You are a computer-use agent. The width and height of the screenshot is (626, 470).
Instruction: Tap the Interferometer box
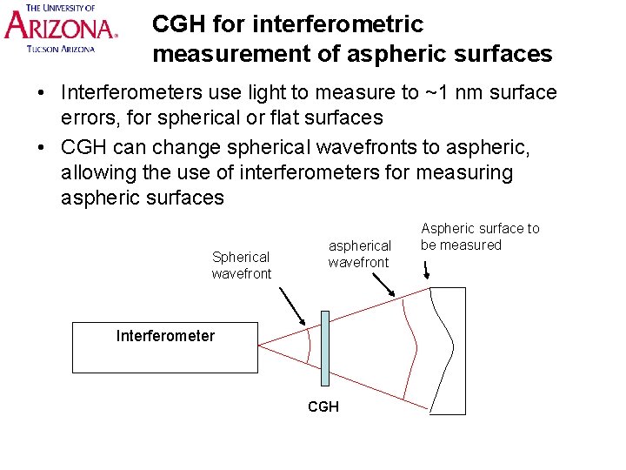click(x=165, y=347)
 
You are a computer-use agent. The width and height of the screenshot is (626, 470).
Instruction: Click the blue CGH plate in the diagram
click(x=324, y=347)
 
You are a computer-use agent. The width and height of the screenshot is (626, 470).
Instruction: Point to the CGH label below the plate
click(x=323, y=406)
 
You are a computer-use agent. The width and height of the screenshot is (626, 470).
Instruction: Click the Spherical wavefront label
click(x=241, y=265)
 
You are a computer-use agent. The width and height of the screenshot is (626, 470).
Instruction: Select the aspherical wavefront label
click(x=359, y=254)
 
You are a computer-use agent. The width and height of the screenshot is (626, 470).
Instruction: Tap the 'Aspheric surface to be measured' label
click(x=479, y=237)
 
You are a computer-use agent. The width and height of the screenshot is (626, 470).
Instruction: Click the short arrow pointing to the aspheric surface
click(x=426, y=271)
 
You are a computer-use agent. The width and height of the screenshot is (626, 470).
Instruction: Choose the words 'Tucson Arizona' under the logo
click(x=61, y=50)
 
